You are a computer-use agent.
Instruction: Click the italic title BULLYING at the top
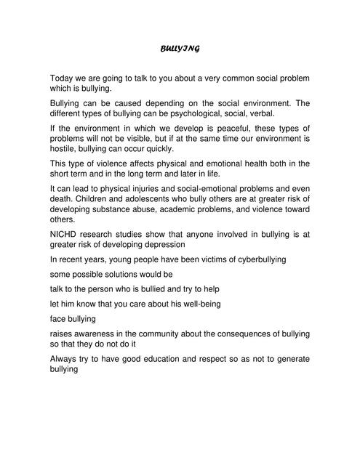(x=180, y=49)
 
